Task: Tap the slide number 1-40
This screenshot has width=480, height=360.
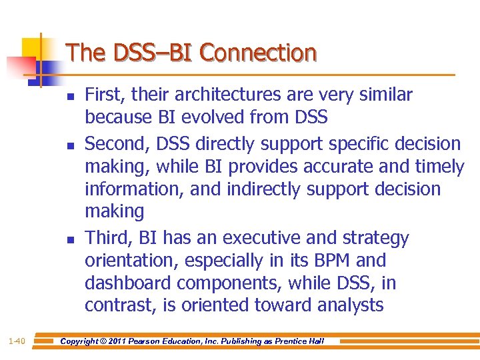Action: click(x=17, y=341)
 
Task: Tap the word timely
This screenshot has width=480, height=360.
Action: click(x=434, y=167)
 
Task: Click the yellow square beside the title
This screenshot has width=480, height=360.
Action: click(x=33, y=49)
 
